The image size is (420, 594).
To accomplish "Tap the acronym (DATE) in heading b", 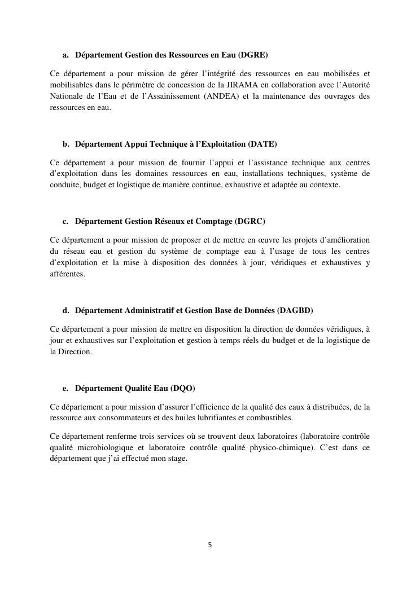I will (262, 144).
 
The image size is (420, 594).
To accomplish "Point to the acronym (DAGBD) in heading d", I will (295, 310).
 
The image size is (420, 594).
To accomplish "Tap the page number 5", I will (210, 545).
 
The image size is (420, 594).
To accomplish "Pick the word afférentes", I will (67, 274).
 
